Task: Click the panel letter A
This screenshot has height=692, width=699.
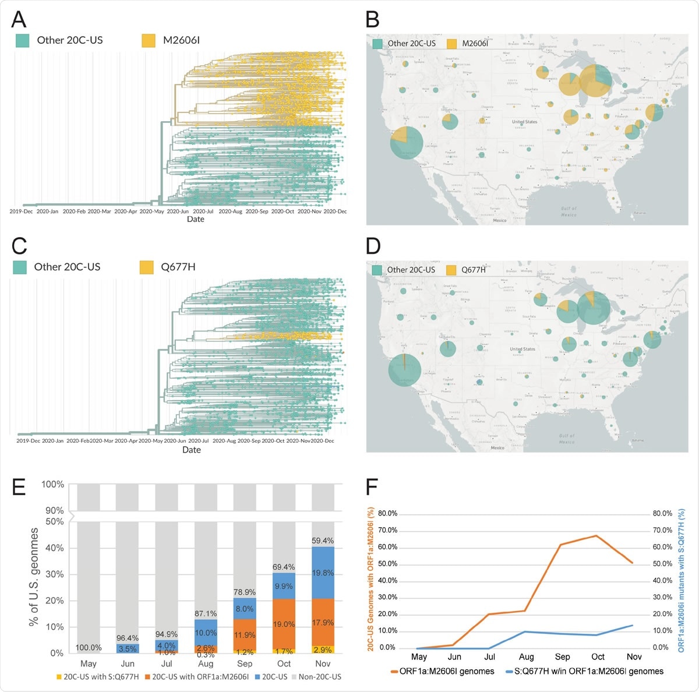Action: (x=19, y=19)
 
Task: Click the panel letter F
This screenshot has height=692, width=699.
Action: (x=372, y=486)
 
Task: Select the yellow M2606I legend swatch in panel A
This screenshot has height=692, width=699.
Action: (x=149, y=40)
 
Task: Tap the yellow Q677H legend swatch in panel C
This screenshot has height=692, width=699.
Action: (x=146, y=267)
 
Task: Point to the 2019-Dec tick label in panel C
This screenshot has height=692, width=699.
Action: (x=28, y=441)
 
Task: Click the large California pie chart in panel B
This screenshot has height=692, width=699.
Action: (x=407, y=142)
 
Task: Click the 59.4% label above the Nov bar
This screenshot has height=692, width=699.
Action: (x=323, y=541)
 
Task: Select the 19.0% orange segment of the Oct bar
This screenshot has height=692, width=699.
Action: (x=284, y=624)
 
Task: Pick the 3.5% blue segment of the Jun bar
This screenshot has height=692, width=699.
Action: (x=127, y=648)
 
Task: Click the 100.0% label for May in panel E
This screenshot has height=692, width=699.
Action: (x=89, y=648)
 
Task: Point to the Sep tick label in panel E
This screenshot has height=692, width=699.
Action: (x=245, y=663)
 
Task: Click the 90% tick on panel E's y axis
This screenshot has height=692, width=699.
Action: (x=55, y=511)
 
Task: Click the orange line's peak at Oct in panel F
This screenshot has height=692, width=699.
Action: (x=596, y=535)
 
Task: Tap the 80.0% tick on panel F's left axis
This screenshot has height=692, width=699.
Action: (x=387, y=514)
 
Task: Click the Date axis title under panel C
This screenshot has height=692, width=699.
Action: (x=191, y=450)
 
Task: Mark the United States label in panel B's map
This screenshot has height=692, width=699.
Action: (x=524, y=122)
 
